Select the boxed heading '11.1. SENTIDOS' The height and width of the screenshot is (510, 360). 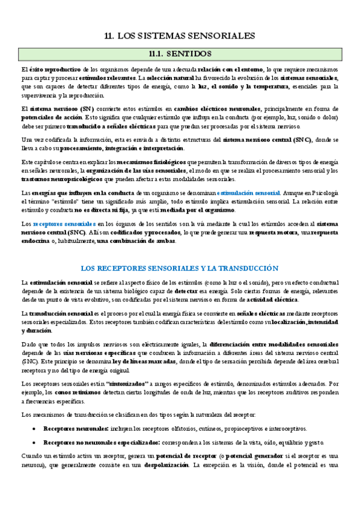(180, 53)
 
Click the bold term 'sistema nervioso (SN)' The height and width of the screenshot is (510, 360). (53, 109)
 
